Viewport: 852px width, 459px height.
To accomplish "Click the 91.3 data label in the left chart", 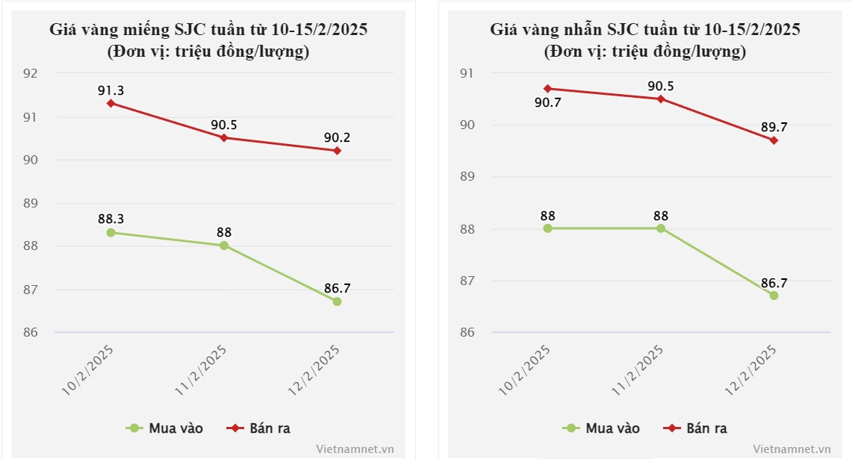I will coord(111,90).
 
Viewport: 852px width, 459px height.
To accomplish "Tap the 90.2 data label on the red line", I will coord(337,138).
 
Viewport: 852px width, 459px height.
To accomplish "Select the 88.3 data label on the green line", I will coord(111,219).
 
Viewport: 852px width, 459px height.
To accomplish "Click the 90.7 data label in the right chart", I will coord(548,102).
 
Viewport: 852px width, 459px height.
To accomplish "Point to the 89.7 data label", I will coord(774,128).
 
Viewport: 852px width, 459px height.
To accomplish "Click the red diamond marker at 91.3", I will coord(111,103).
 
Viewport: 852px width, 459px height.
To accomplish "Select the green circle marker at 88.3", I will coord(111,232).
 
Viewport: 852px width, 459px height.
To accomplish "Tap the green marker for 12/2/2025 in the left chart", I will coord(337,302).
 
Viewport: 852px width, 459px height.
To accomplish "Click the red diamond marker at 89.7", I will coord(774,140).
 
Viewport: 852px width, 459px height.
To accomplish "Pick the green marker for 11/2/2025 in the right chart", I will coord(661,228).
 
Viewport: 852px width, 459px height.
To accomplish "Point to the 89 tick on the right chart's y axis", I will coord(467,177).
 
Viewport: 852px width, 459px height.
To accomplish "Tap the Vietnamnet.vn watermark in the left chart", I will coord(355,449).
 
